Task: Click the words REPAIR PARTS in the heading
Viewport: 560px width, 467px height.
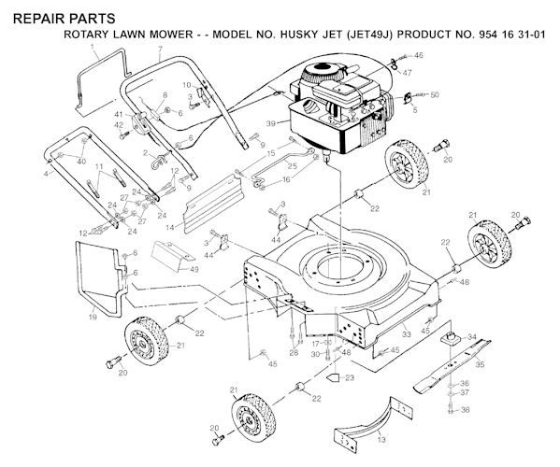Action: click(65, 19)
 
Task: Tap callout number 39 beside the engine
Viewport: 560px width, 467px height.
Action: click(271, 124)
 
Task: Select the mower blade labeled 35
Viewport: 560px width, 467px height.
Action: click(452, 366)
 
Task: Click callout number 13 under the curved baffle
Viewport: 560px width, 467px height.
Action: click(381, 439)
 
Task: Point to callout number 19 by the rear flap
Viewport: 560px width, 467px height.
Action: click(93, 317)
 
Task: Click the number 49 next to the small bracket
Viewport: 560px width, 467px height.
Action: click(194, 269)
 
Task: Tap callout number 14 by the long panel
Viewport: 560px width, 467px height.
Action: click(170, 227)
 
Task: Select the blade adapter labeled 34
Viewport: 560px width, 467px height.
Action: click(451, 337)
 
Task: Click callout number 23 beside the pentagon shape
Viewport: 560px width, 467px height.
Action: click(350, 377)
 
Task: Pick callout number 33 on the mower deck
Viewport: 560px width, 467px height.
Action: click(407, 334)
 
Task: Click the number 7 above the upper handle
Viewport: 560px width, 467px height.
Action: click(160, 49)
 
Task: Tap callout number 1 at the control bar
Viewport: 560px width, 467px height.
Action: click(93, 47)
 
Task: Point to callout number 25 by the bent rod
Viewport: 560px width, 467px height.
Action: click(292, 166)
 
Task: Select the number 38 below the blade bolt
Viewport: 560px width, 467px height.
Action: click(465, 410)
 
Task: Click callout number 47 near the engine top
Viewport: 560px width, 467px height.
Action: click(407, 73)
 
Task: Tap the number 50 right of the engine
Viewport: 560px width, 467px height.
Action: click(435, 95)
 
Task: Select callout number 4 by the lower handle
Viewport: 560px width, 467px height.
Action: click(46, 174)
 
